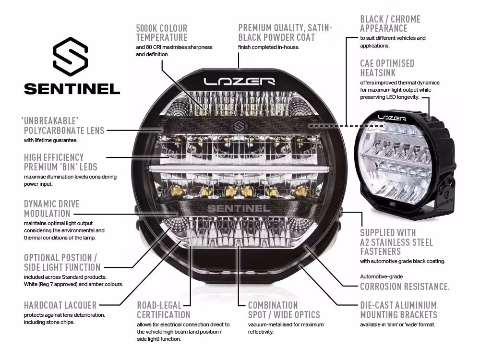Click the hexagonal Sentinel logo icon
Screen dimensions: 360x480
coord(70,59)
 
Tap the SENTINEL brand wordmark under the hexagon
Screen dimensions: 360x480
coord(72,89)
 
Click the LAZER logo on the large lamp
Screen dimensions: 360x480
coord(239,81)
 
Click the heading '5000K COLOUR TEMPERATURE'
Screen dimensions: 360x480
coord(162,33)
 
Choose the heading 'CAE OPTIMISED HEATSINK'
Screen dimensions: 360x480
coord(387,68)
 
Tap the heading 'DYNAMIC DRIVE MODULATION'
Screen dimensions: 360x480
coord(51,209)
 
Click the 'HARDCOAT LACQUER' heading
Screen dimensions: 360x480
coord(60,305)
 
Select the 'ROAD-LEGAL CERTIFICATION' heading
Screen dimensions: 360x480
coord(164,310)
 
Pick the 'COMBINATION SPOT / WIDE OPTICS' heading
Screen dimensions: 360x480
coord(284,310)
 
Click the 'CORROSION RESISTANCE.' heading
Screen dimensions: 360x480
coord(405,287)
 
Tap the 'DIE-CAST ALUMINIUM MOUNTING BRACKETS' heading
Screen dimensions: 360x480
coord(398,310)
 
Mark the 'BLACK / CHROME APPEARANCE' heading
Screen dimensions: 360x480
coord(390,24)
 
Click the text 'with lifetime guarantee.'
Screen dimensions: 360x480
coord(50,141)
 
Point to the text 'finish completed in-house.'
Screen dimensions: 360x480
coord(268,47)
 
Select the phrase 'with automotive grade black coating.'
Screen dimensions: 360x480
coord(403,261)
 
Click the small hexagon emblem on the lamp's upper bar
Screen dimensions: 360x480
coord(239,126)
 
